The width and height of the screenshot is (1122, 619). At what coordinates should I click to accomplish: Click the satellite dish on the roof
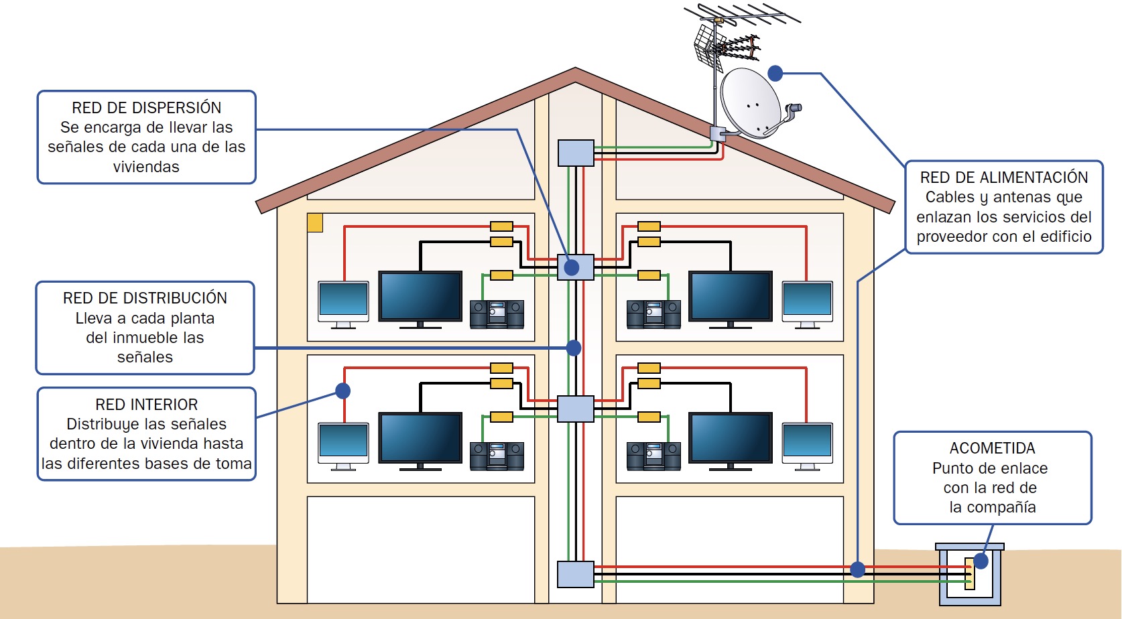coord(751,102)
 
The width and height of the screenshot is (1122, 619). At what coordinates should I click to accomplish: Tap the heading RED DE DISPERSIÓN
coord(146,108)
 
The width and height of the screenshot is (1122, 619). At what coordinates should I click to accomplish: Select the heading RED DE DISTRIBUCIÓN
coord(145,298)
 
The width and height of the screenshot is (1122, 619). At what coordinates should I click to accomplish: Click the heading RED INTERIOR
coord(146,405)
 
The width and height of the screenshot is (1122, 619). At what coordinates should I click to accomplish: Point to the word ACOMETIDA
coord(992,448)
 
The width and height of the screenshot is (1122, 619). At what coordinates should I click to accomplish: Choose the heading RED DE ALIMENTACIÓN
coord(1003,178)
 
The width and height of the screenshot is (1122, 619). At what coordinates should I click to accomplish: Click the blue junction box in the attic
coord(576,153)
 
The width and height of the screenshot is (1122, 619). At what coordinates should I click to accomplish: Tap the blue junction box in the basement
coord(576,574)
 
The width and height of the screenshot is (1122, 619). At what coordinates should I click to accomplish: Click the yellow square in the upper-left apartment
coord(315,222)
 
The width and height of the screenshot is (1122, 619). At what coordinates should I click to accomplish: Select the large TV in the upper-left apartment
coord(420,297)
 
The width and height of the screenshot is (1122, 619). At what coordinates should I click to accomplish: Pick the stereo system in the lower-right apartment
coord(653,456)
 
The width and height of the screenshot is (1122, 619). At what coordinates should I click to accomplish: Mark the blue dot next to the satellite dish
coord(775,73)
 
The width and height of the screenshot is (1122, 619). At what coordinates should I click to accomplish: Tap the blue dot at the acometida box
coord(981,561)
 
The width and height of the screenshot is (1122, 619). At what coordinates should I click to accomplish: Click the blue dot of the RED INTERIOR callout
coord(343,391)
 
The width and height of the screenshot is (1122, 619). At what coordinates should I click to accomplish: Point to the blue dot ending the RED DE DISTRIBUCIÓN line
coord(574,348)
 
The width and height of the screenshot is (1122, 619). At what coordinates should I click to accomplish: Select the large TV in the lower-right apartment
coord(731,438)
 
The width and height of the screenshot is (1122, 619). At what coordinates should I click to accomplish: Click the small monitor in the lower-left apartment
coord(343,443)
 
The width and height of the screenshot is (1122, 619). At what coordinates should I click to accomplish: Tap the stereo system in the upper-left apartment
coord(497,314)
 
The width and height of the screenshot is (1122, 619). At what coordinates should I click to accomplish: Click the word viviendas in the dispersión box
coord(146,167)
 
